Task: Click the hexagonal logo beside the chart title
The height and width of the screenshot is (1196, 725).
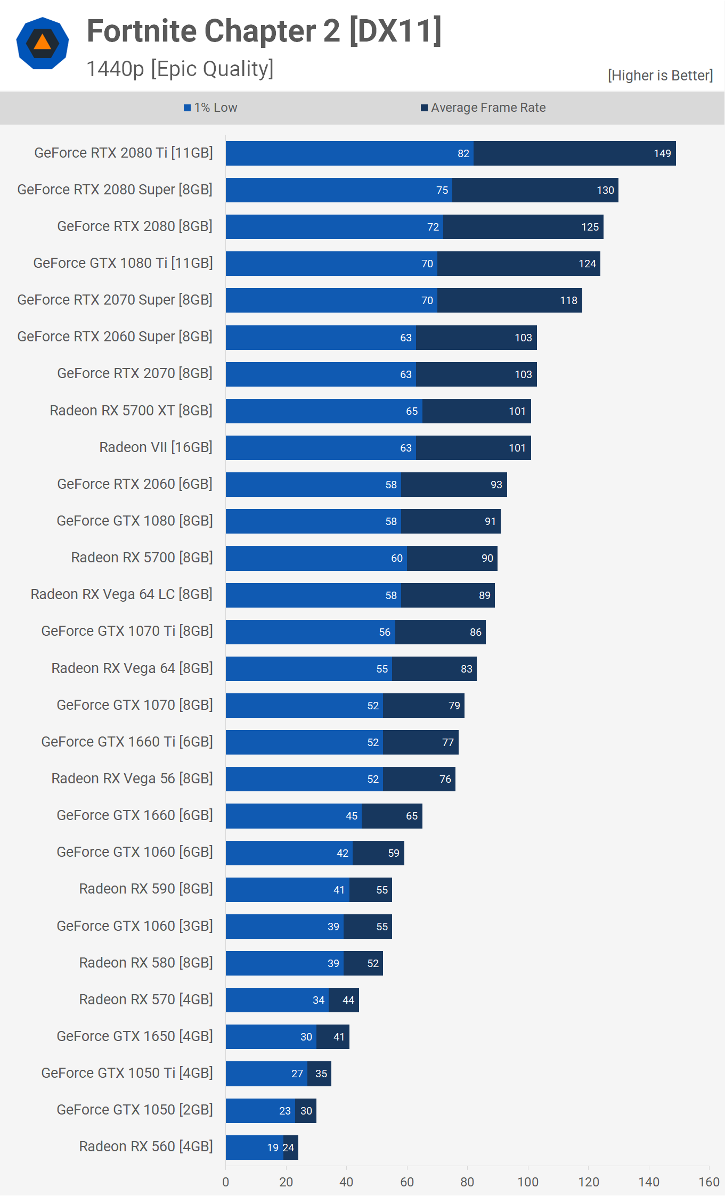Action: [43, 44]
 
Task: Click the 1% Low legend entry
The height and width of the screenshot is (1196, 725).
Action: [210, 108]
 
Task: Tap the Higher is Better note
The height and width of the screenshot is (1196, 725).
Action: [660, 76]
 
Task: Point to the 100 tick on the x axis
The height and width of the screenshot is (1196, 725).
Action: [528, 1182]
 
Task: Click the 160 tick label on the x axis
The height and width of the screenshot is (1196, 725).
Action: [709, 1182]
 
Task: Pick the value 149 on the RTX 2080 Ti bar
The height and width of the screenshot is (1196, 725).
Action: [662, 154]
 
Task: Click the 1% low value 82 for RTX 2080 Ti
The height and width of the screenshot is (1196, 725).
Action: [463, 154]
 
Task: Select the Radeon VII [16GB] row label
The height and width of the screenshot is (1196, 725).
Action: [156, 447]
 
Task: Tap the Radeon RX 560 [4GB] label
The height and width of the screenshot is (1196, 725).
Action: [145, 1146]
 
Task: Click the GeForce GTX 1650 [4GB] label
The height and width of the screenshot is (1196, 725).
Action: [134, 1036]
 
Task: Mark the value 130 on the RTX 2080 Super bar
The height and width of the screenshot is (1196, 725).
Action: [605, 191]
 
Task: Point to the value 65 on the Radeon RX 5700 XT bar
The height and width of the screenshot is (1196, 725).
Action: [412, 412]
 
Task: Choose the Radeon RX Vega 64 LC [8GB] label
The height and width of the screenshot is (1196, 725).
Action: [121, 594]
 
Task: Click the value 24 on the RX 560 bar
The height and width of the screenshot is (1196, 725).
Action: [288, 1148]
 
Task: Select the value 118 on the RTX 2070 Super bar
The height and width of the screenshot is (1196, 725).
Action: [568, 301]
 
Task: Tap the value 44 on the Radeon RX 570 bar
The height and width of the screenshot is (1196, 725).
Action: [348, 1001]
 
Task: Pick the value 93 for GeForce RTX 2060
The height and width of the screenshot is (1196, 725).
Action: [496, 485]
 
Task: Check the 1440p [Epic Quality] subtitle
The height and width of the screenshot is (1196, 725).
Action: [180, 69]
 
